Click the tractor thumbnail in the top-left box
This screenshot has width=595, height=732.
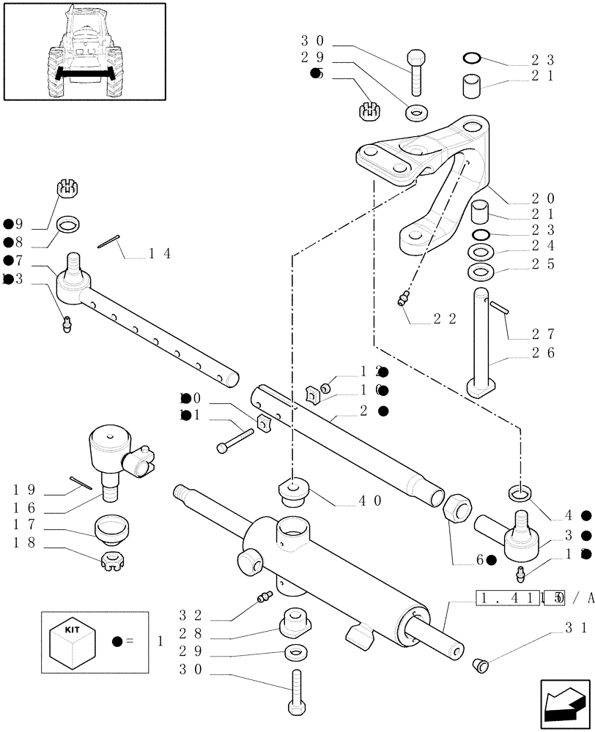(83, 51)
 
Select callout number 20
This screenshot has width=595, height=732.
(543, 199)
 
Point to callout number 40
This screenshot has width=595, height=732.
(369, 501)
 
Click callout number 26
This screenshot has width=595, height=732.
(543, 352)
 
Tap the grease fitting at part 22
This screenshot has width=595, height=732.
(401, 299)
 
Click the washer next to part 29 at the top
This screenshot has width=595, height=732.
(417, 114)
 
